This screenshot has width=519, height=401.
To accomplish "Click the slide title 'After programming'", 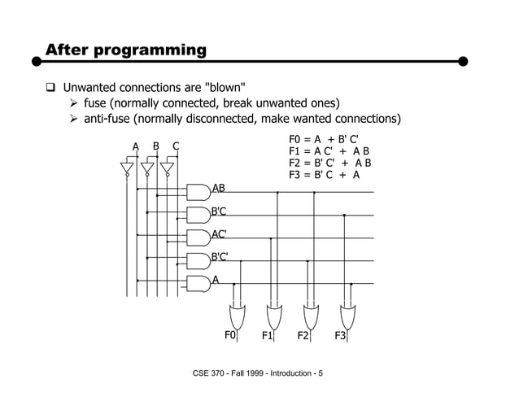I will point(126,50).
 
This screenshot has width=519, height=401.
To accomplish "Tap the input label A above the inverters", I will point(137,147).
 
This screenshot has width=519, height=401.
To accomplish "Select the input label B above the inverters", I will point(156,146).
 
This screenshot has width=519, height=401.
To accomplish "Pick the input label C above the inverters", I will point(176,146).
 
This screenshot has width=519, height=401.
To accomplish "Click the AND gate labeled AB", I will point(198,193).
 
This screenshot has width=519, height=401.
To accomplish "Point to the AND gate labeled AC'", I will point(198,238).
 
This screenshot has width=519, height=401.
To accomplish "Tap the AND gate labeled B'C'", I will point(198,261).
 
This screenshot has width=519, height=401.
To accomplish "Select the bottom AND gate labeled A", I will point(198,284).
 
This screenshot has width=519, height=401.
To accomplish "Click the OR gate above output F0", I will point(238,313).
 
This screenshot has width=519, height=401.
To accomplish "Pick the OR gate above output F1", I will point(274,313).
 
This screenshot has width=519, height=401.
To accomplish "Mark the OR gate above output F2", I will point(311,313).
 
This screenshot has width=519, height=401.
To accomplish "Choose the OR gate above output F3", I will point(347,313).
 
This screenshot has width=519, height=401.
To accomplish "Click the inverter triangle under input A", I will point(127,168).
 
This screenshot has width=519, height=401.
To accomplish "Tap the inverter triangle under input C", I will point(167,168).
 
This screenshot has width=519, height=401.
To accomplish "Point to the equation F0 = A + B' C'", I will point(324,139).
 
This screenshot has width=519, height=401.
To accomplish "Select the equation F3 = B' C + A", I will point(324,174).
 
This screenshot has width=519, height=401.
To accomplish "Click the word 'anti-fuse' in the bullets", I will point(104,120).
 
